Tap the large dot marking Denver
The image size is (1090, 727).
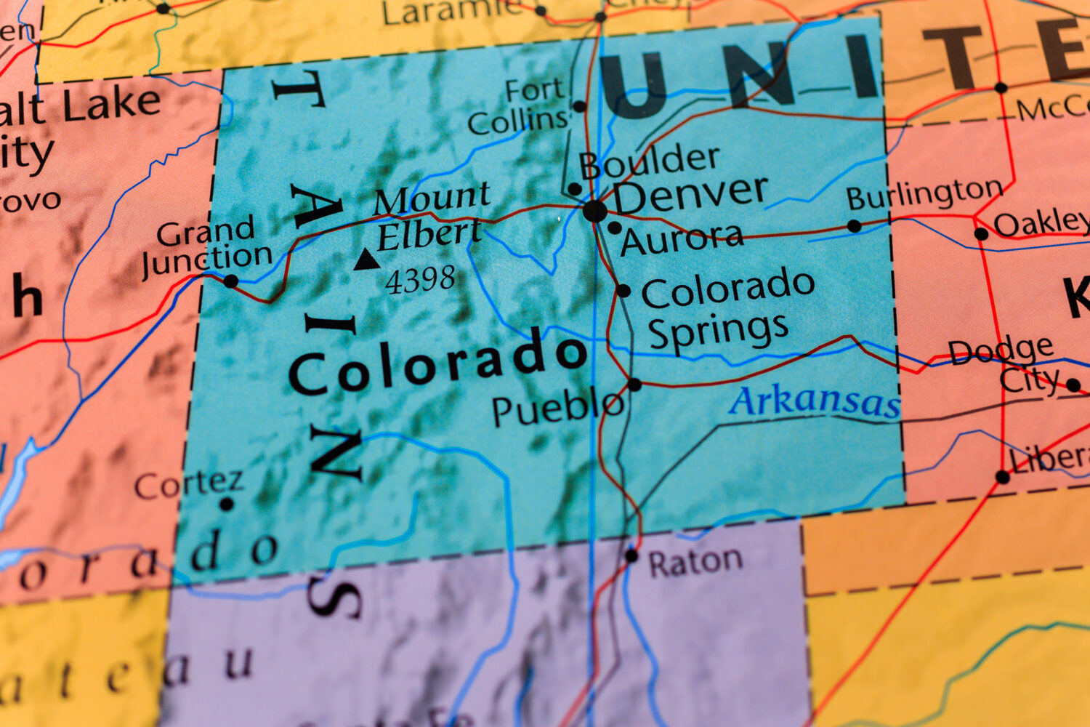tap(594, 212)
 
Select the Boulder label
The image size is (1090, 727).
tap(649, 161)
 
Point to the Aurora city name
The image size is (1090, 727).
tap(682, 239)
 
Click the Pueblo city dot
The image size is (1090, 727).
tap(634, 385)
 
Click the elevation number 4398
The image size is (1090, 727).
tap(420, 280)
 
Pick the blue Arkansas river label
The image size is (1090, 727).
tap(815, 402)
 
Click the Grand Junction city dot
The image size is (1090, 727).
tap(230, 281)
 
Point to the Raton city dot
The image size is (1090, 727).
tap(631, 556)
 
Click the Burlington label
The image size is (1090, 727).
tap(924, 194)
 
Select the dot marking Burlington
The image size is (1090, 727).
tap(855, 226)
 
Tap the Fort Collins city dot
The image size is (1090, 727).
tap(579, 107)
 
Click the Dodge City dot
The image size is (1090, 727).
tap(1073, 385)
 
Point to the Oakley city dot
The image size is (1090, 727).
tap(981, 234)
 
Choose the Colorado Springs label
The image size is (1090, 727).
tap(727, 308)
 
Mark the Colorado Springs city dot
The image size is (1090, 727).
tap(623, 291)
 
